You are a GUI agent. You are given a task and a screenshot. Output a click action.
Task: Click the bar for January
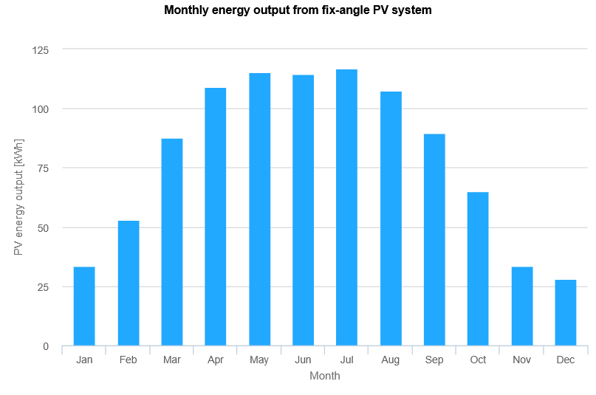(84, 306)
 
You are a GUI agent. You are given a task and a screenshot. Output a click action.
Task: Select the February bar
(129, 283)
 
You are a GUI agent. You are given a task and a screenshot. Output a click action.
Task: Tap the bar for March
(172, 242)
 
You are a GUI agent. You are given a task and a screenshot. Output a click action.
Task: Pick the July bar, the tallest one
(346, 207)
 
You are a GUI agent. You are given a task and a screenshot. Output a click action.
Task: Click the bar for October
(478, 269)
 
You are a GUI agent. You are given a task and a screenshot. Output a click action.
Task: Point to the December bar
(566, 312)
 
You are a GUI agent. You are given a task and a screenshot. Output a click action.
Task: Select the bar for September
(434, 240)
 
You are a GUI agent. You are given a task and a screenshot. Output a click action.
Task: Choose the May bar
(260, 209)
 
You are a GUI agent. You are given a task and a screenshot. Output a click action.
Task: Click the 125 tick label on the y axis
(41, 50)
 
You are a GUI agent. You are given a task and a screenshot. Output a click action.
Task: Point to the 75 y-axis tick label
(43, 168)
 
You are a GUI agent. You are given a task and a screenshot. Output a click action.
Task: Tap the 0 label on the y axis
(46, 346)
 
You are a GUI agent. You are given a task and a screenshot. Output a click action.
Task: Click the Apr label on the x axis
(216, 360)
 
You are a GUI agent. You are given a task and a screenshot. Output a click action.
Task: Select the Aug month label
(391, 360)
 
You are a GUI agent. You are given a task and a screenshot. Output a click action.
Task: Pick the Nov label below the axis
(521, 360)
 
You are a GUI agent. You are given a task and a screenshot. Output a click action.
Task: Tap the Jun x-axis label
(303, 360)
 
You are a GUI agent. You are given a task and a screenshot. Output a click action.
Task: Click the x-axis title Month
(325, 376)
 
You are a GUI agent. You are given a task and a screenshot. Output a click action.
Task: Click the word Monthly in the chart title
(186, 10)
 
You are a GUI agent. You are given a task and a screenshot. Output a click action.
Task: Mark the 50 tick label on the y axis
(43, 228)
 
